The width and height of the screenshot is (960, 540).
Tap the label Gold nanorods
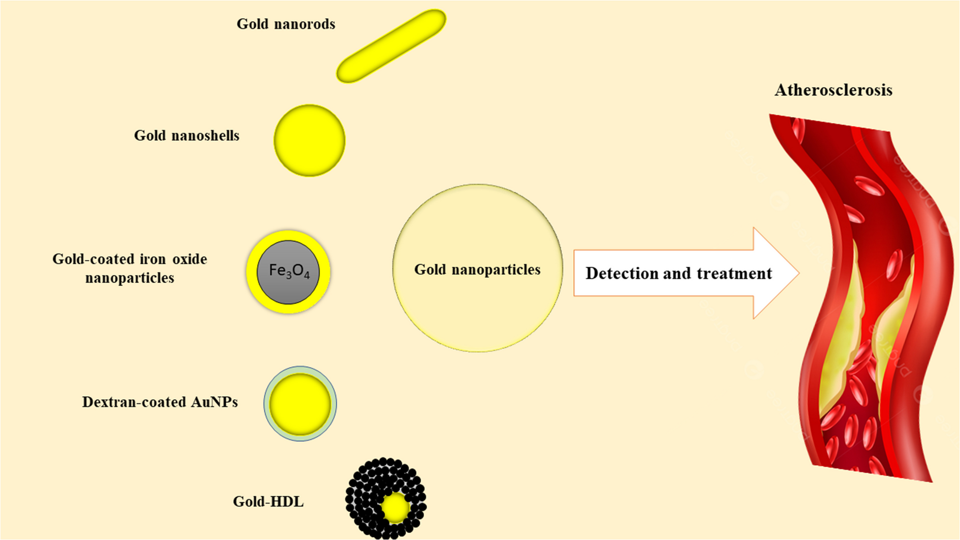(286, 24)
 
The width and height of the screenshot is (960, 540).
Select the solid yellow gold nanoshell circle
(309, 140)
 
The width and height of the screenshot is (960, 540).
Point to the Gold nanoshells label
(187, 136)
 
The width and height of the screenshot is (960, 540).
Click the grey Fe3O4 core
(289, 272)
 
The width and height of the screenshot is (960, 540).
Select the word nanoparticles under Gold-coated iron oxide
(130, 278)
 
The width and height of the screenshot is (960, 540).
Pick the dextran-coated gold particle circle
(300, 404)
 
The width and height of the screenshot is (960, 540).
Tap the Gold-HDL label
(268, 502)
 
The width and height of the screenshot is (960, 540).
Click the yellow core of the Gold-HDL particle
(395, 508)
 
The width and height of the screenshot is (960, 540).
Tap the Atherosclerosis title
(833, 90)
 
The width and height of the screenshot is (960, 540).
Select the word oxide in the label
(190, 259)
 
